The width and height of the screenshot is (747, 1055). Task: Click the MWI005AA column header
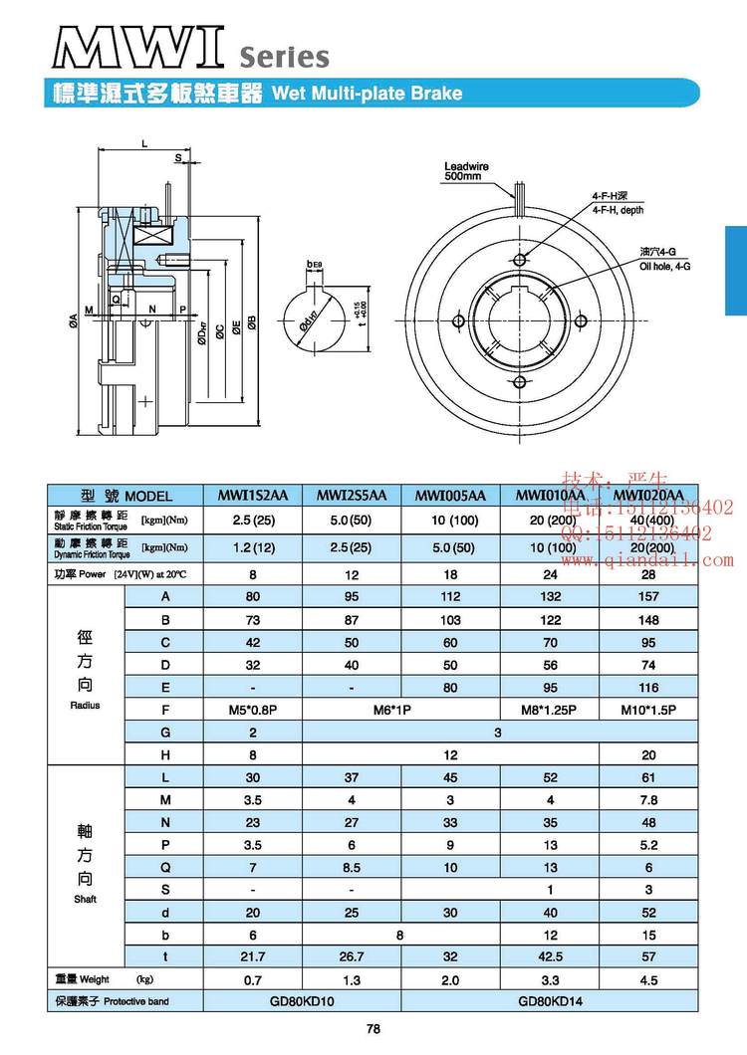[449, 496]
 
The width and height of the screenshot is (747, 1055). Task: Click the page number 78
[373, 1030]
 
